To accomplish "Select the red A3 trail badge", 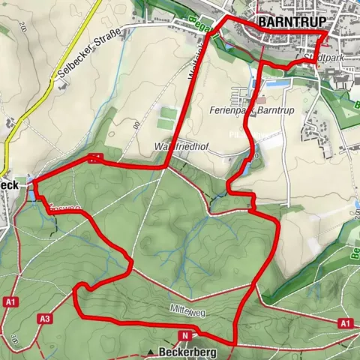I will click(x=45, y=319).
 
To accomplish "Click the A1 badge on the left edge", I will click(x=10, y=301).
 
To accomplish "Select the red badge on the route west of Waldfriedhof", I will click(x=94, y=158).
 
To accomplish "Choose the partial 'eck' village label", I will click(x=9, y=185).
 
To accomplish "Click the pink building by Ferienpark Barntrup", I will click(x=260, y=100).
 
